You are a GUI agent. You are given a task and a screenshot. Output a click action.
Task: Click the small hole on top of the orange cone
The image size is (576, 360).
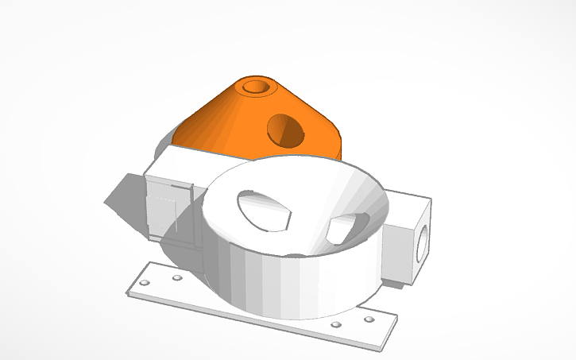tap(256, 86)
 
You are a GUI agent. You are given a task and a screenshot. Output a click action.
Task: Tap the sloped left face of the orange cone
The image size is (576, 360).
tap(208, 119)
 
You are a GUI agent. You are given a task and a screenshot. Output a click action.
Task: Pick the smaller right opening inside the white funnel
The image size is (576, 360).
tap(340, 230)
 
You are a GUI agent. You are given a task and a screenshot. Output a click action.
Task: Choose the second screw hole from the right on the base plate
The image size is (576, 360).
tap(337, 325)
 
